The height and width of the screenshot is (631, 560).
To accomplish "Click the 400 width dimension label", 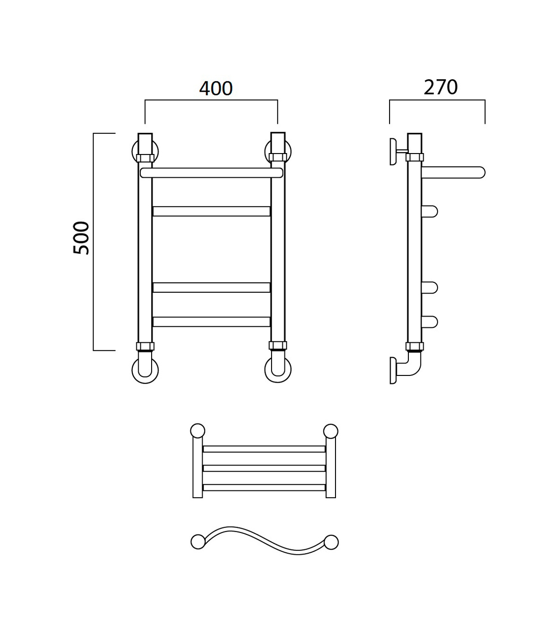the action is [x=216, y=89].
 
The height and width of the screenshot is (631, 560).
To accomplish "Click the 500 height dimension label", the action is [x=81, y=238].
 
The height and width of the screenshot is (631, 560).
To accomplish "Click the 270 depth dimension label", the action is [x=441, y=88].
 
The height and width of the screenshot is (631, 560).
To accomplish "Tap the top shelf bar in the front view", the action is [x=212, y=172].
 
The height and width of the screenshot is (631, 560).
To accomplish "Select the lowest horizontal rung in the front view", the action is [x=211, y=322].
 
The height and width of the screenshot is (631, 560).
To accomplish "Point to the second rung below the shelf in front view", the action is [x=211, y=287].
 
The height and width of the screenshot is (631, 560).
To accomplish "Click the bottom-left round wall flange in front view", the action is [x=145, y=370].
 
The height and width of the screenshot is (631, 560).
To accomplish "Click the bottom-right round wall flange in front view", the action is [x=278, y=370].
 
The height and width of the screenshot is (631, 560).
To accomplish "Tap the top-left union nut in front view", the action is [x=145, y=158].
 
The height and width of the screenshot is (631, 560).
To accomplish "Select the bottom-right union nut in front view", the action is [x=278, y=346].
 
